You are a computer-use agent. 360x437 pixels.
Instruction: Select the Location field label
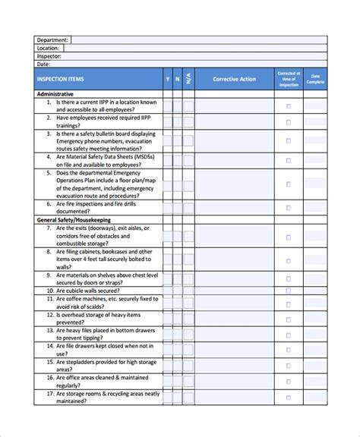click(49, 48)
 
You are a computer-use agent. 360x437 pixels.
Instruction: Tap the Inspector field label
click(49, 56)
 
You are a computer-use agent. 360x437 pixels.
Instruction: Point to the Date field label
click(43, 64)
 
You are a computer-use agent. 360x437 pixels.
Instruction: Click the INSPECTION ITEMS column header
click(60, 79)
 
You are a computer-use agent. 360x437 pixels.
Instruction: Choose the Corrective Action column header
click(235, 79)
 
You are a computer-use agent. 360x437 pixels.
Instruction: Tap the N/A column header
click(188, 79)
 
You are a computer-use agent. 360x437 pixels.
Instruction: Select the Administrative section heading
click(60, 94)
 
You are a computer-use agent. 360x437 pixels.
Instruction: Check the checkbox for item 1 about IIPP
click(288, 106)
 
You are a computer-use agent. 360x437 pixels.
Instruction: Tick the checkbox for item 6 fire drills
click(288, 208)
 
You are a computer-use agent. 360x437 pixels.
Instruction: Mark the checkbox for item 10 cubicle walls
click(288, 289)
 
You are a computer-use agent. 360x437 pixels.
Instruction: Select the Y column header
click(167, 79)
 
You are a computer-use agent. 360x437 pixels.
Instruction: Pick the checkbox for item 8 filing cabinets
click(288, 256)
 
